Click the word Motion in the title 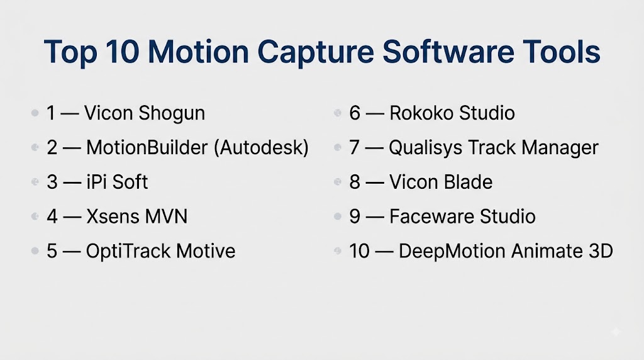pos(198,52)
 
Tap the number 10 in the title pos(122,52)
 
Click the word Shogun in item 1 pos(172,114)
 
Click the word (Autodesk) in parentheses pos(261,148)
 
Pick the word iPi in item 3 pos(96,182)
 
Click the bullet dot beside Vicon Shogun pos(35,113)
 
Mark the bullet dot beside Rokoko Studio pos(338,113)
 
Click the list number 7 pos(355,147)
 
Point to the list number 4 pos(52,217)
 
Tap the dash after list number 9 pos(375,217)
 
